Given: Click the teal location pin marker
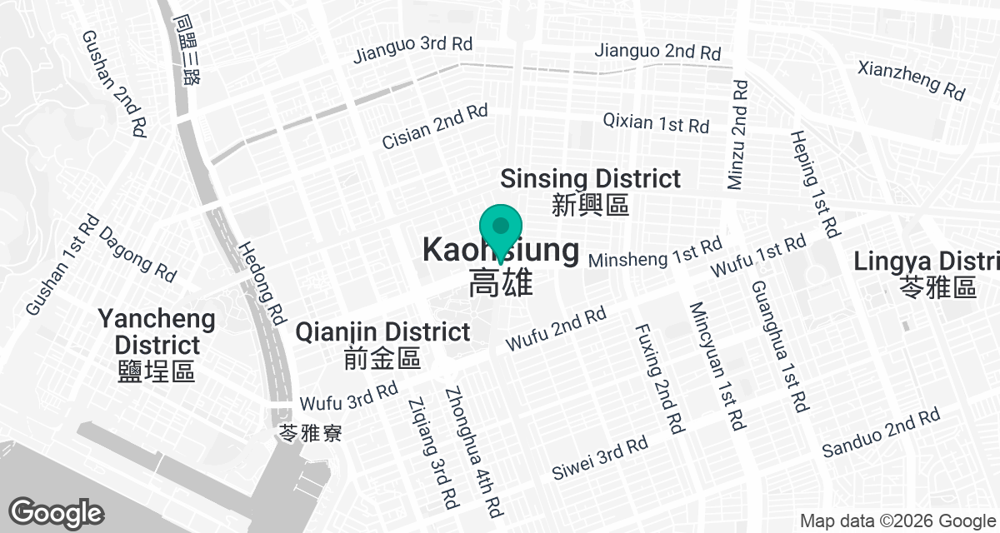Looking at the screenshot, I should [501, 229].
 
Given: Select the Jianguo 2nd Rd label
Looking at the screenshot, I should [657, 51].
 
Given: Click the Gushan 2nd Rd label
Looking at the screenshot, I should [115, 84].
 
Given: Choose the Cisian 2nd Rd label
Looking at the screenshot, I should [434, 127].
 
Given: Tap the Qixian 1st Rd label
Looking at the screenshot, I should [657, 124].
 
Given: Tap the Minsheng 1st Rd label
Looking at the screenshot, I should [655, 253].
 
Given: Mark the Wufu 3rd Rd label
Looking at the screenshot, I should [349, 396].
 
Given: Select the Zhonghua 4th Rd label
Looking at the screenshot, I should [473, 450].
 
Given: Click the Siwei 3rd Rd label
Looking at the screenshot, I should [600, 457].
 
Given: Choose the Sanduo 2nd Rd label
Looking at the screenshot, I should [880, 432].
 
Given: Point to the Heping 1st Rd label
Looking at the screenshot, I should [814, 182].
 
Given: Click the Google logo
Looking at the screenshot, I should [56, 512].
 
